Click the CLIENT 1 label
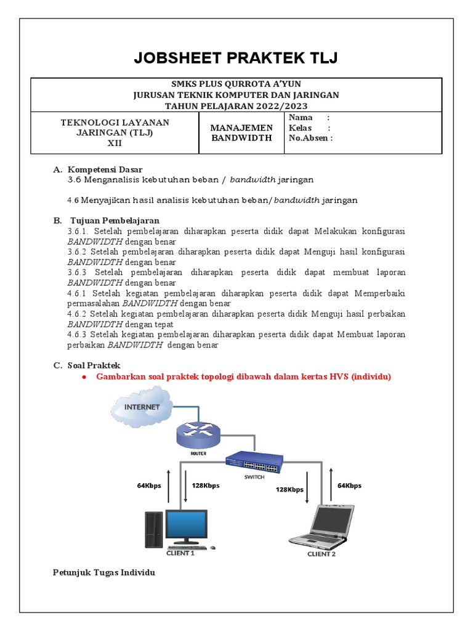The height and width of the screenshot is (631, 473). click(x=180, y=553)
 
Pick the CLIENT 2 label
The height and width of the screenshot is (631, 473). click(x=321, y=553)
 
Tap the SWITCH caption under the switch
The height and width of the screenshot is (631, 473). click(x=254, y=477)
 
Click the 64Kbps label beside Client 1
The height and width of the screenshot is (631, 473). click(x=149, y=486)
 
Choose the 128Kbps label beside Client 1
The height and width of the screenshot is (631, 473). click(x=206, y=486)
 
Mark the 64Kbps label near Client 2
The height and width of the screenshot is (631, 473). click(x=349, y=486)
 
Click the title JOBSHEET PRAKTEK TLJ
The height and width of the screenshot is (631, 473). click(x=236, y=59)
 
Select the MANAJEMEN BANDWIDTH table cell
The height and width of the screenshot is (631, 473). click(x=241, y=132)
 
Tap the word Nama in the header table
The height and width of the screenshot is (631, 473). click(x=301, y=118)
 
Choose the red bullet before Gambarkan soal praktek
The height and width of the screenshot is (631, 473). click(x=84, y=377)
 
